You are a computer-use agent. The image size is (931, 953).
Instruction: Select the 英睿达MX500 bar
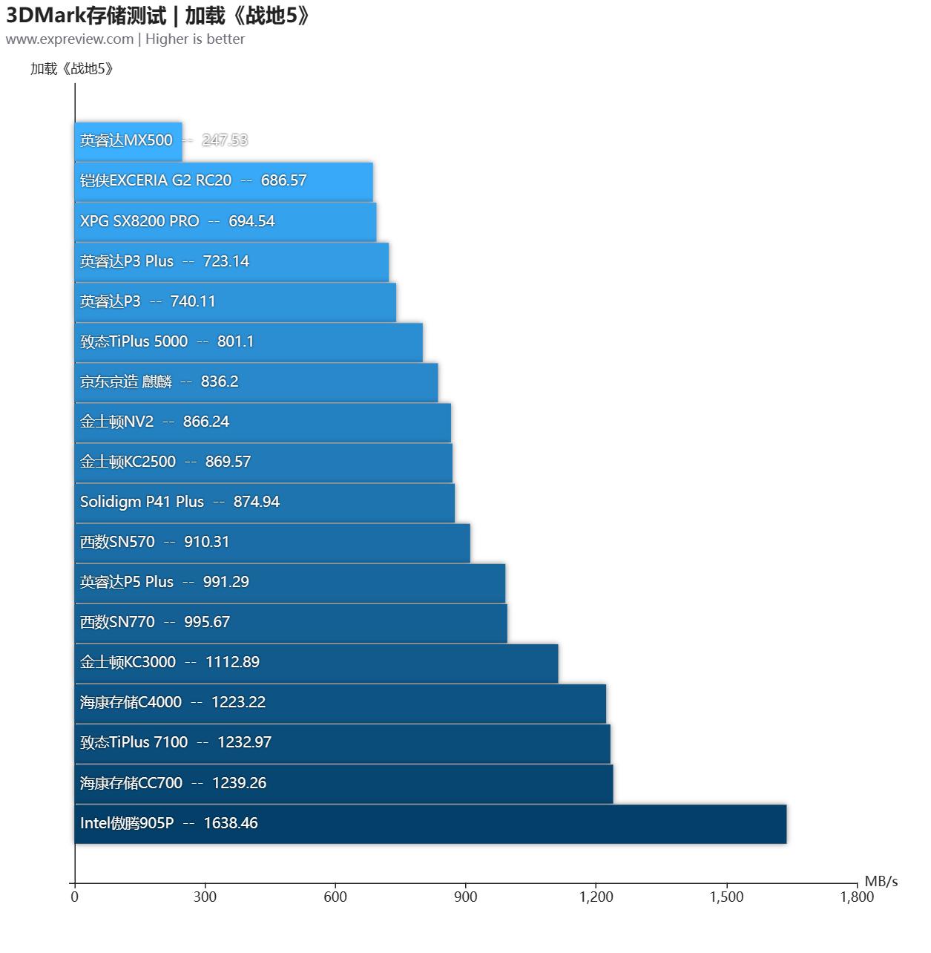(x=128, y=141)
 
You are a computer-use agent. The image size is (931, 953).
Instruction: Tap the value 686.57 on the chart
(x=283, y=180)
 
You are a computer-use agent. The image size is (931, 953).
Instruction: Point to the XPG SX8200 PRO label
(x=139, y=221)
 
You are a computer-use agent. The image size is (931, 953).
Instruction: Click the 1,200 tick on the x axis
(x=596, y=897)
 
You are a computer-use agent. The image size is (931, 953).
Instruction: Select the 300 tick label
(x=205, y=897)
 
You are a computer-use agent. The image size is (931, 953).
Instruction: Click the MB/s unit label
(x=881, y=882)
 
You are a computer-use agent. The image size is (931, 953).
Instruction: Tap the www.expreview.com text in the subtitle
(x=70, y=39)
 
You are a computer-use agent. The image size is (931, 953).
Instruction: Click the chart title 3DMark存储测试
(x=86, y=15)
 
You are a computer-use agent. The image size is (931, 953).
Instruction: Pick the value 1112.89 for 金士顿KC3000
(x=232, y=662)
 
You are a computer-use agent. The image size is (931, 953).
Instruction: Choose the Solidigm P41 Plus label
(x=142, y=502)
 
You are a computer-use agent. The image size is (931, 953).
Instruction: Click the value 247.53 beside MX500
(x=225, y=140)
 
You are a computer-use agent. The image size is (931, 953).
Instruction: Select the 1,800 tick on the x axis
(x=857, y=897)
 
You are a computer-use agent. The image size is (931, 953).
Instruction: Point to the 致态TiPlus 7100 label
(x=134, y=742)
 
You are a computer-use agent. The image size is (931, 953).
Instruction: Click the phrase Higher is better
(x=195, y=39)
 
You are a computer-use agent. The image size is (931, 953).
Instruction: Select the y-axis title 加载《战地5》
(x=72, y=69)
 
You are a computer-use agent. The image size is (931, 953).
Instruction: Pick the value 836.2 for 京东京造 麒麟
(x=220, y=381)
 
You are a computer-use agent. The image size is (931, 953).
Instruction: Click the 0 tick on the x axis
(x=74, y=897)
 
